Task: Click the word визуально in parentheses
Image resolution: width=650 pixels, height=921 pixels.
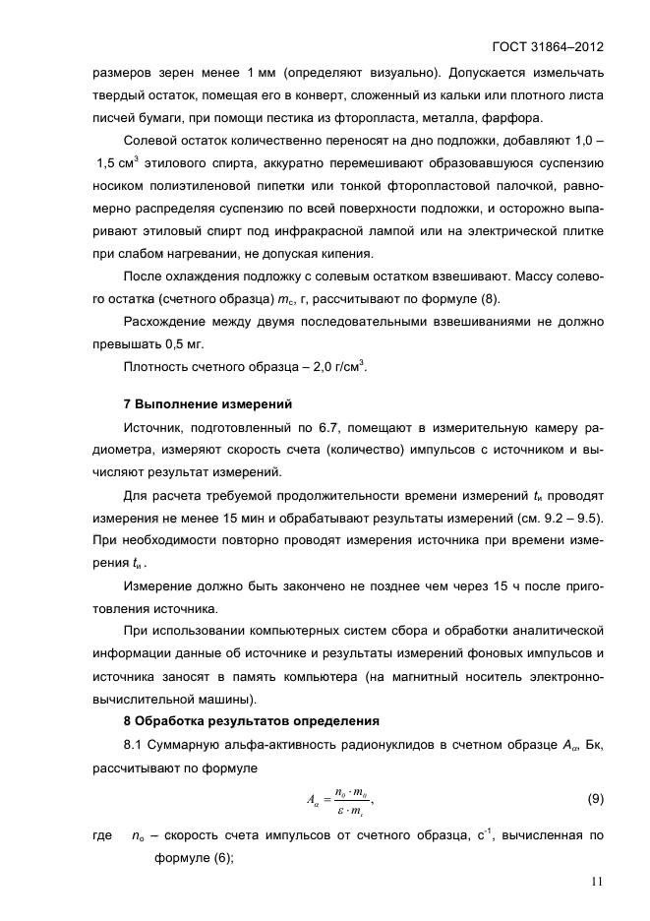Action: pyautogui.click(x=407, y=73)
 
